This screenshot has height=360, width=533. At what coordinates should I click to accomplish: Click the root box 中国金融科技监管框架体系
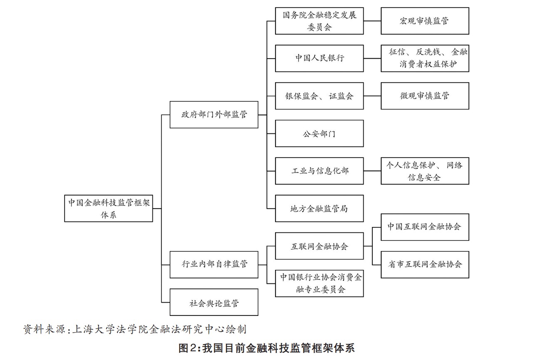point(109,208)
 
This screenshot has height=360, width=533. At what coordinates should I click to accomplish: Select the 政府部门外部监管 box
point(214,114)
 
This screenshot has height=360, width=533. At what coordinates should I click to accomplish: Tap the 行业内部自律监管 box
point(214,264)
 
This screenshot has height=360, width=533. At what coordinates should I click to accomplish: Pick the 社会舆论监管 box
point(214,302)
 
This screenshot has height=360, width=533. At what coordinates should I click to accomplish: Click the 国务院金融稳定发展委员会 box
point(319,21)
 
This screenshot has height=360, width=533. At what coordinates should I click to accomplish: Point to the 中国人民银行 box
point(319,58)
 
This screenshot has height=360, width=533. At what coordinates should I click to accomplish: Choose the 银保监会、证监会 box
point(319,96)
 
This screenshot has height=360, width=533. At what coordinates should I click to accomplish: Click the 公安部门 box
point(319,133)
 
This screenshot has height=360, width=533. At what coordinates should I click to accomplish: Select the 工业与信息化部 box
point(319,171)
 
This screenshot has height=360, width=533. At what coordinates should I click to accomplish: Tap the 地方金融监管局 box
point(319,208)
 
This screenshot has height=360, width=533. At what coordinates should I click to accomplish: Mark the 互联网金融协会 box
point(319,246)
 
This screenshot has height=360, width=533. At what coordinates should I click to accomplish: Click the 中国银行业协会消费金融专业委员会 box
point(319,283)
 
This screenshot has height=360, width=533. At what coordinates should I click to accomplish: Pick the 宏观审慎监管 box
point(425,21)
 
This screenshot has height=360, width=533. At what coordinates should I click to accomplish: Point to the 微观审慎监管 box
point(425,96)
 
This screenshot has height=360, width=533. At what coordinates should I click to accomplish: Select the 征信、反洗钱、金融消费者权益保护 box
point(425,58)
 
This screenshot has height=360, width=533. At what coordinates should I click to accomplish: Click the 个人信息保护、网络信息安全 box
point(425,171)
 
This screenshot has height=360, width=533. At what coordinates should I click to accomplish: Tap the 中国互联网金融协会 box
point(425,227)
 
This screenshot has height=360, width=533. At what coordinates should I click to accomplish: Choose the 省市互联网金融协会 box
point(425,264)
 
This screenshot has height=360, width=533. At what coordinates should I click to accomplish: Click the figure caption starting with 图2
point(266,348)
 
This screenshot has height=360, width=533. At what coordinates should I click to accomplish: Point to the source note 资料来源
point(135,330)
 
